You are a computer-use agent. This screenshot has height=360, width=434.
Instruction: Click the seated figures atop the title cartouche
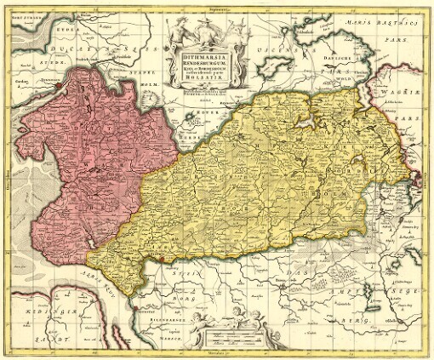tap(201, 32)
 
